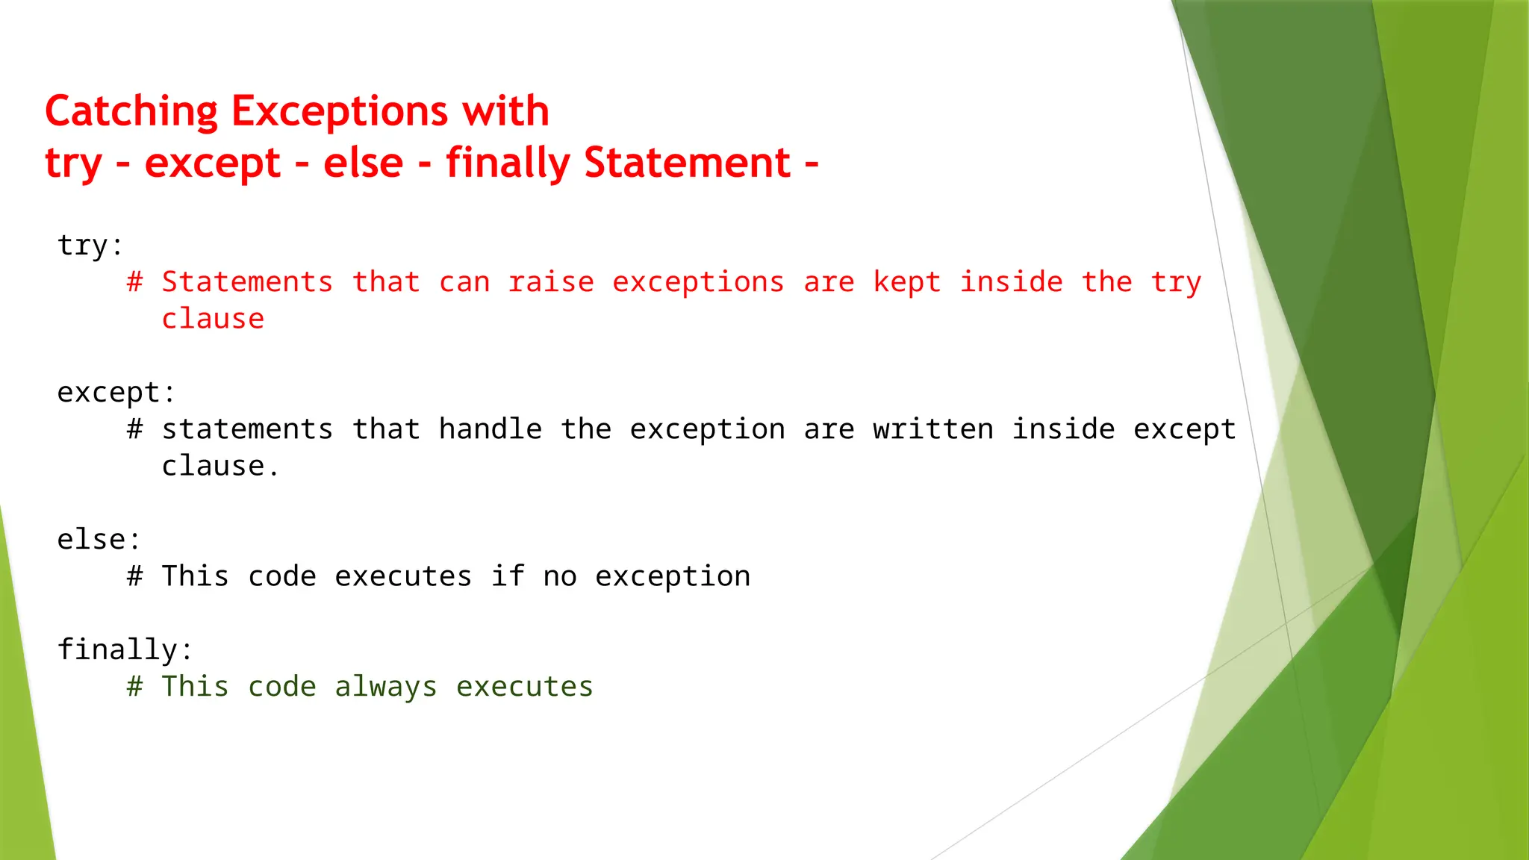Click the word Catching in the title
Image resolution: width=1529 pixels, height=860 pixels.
point(131,112)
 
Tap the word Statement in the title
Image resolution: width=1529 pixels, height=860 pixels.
point(687,163)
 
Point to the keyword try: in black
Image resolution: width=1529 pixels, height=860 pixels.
point(90,246)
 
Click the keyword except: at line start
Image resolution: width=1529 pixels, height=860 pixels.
point(116,393)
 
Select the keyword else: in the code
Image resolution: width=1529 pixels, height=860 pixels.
point(99,540)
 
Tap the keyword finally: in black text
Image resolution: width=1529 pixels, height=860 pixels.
point(125,649)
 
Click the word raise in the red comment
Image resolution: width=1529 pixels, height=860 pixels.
point(551,282)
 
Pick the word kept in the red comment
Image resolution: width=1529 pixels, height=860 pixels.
point(906,282)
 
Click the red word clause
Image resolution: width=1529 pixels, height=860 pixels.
point(213,319)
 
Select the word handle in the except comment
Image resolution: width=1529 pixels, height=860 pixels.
point(490,429)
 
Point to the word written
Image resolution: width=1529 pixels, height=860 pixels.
point(933,429)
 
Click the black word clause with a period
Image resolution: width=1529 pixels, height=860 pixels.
point(219,466)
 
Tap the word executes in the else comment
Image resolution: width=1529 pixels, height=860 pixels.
point(403,576)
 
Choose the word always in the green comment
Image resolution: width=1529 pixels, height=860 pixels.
point(385,687)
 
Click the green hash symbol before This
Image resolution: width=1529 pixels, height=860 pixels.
point(134,686)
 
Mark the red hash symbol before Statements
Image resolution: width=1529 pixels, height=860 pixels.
point(134,282)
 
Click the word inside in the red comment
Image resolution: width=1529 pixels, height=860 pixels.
point(1011,282)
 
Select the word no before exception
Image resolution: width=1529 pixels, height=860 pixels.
point(560,576)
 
